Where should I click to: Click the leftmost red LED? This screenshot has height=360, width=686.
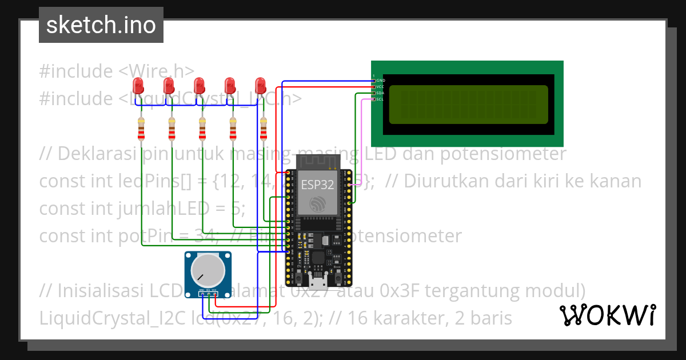138,86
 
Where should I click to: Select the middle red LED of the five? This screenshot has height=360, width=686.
199,86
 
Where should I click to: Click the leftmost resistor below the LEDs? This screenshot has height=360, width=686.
141,130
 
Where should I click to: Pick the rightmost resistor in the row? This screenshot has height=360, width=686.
264,130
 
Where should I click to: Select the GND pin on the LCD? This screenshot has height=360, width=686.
374,81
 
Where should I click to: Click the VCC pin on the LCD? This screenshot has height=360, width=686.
374,87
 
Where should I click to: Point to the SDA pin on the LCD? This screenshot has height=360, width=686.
374,93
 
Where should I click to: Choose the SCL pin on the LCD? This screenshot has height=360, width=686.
374,99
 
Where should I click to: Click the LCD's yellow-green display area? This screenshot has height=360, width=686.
468,105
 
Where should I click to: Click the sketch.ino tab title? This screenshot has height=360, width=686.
101,25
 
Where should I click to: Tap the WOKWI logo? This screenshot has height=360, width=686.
607,315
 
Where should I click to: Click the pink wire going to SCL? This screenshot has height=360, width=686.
361,143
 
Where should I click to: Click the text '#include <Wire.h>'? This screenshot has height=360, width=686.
117,71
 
